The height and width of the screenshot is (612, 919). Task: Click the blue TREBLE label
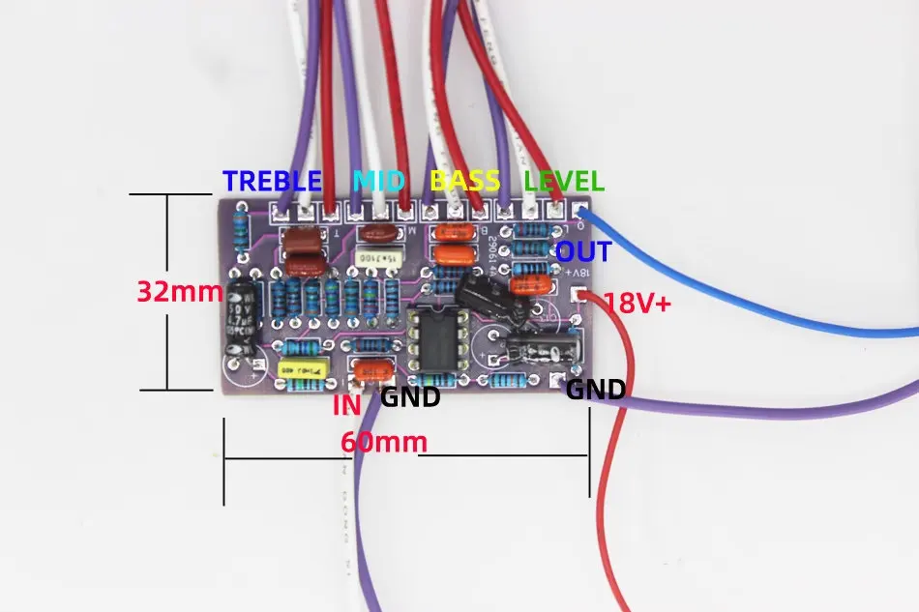(x=272, y=180)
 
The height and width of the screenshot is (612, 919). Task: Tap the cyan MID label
(x=380, y=180)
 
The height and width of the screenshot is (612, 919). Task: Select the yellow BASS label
(x=465, y=180)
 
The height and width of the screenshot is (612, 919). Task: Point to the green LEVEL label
(x=564, y=180)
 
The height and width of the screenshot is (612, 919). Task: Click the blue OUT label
(x=583, y=252)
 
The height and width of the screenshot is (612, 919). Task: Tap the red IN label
(x=346, y=404)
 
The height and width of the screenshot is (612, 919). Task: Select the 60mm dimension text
(x=383, y=442)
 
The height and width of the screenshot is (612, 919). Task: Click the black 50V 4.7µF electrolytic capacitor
(x=239, y=319)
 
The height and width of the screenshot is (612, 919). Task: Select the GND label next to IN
(x=410, y=396)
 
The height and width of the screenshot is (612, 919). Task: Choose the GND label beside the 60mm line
(x=595, y=390)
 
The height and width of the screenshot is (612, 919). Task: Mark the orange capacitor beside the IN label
(x=376, y=369)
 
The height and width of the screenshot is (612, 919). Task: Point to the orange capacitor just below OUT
(x=531, y=284)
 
